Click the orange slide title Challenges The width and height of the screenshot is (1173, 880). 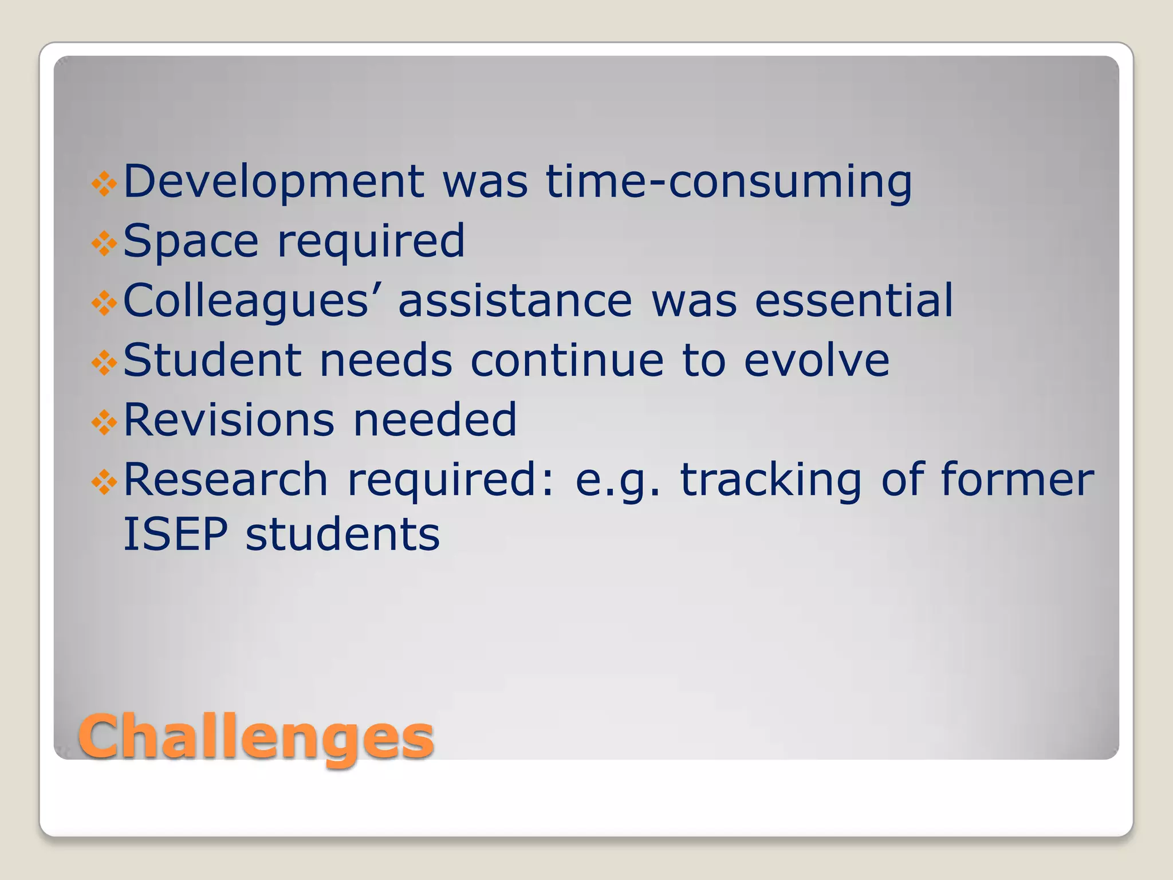click(255, 737)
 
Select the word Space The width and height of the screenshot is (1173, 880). click(191, 241)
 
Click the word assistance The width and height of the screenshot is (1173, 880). click(515, 301)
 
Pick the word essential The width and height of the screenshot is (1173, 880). click(853, 301)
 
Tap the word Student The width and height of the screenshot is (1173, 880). click(212, 360)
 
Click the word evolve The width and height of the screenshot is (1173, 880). click(816, 360)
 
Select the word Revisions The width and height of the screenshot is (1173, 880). click(229, 420)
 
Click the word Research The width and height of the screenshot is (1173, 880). click(225, 480)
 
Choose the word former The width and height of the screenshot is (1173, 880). click(1017, 480)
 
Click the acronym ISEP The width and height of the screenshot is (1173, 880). click(175, 535)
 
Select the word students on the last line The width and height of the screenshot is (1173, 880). click(343, 535)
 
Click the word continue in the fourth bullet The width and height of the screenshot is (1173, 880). click(567, 360)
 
